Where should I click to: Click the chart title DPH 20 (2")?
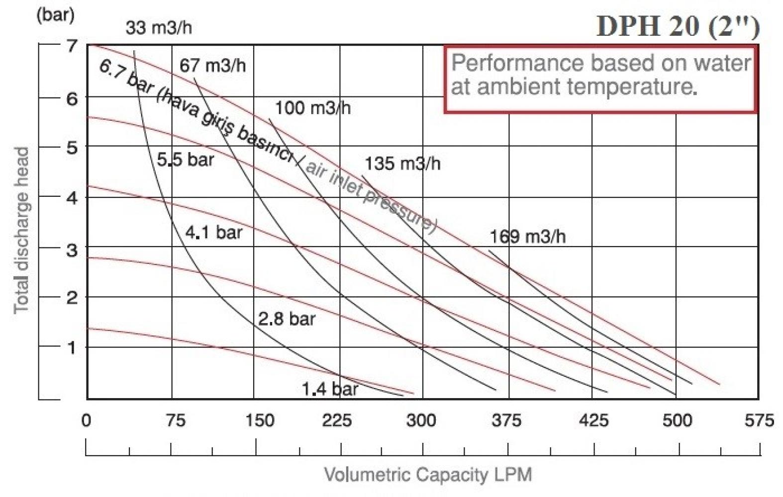coord(678,25)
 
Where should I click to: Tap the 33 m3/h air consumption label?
coord(158,27)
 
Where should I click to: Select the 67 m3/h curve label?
coord(212,66)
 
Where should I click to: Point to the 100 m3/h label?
coord(312,108)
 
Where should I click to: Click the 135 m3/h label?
coord(402,164)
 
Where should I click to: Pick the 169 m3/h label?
coord(527,237)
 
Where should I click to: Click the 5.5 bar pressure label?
coord(185,160)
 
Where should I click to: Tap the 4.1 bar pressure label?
coord(213,232)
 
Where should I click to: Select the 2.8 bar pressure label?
coord(287,319)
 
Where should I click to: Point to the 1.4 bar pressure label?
coord(329,389)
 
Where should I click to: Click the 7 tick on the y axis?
coord(73,46)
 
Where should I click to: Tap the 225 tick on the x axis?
coord(337,420)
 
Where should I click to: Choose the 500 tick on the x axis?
coord(677,420)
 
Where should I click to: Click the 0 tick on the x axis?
coord(87,420)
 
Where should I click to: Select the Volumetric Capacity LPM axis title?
coord(428,475)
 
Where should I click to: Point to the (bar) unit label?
coord(55,14)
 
